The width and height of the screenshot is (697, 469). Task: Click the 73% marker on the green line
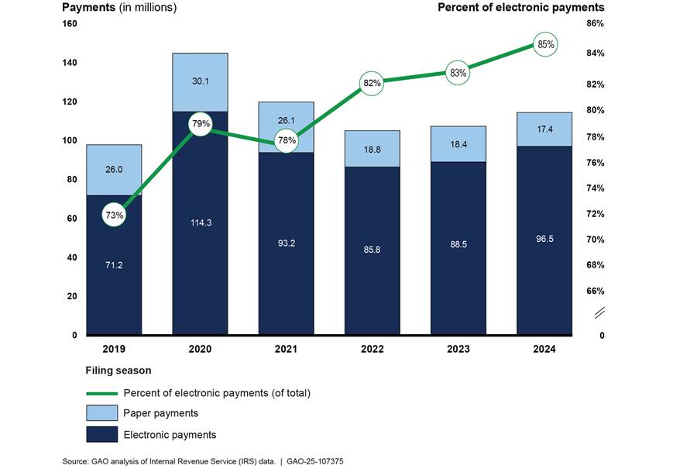pos(115,216)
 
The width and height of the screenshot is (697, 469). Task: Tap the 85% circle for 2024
pos(545,45)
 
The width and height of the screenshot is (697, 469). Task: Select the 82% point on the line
pos(373,83)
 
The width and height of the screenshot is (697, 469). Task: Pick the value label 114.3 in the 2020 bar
pos(200,223)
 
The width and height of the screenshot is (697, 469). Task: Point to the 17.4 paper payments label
pos(545,129)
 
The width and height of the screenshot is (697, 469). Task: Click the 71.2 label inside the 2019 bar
pos(114,265)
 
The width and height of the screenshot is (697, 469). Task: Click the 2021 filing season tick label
pos(286,350)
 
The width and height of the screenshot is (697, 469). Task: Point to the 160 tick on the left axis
pos(70,24)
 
